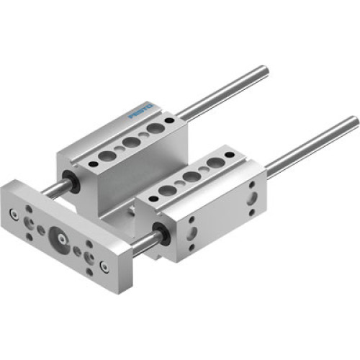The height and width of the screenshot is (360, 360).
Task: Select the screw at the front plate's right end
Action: (x=104, y=267)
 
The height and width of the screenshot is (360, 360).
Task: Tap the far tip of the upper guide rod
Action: (x=265, y=71)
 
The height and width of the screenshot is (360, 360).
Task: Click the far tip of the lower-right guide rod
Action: (x=354, y=121)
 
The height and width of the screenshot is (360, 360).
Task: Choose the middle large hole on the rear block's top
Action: (x=131, y=142)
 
